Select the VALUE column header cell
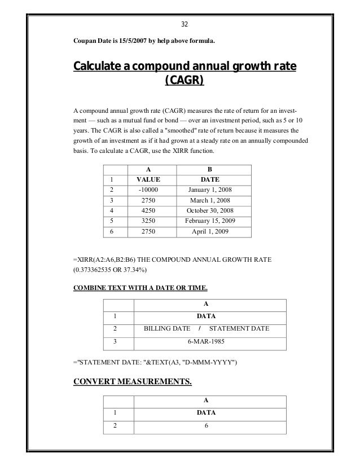click(x=148, y=179)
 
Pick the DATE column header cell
click(x=210, y=179)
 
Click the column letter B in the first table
click(x=210, y=168)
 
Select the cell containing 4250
click(x=148, y=210)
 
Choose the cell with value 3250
click(x=148, y=221)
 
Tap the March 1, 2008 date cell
click(x=210, y=200)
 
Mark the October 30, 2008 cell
click(x=210, y=210)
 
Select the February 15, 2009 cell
click(x=210, y=221)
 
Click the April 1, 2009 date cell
click(x=210, y=231)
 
